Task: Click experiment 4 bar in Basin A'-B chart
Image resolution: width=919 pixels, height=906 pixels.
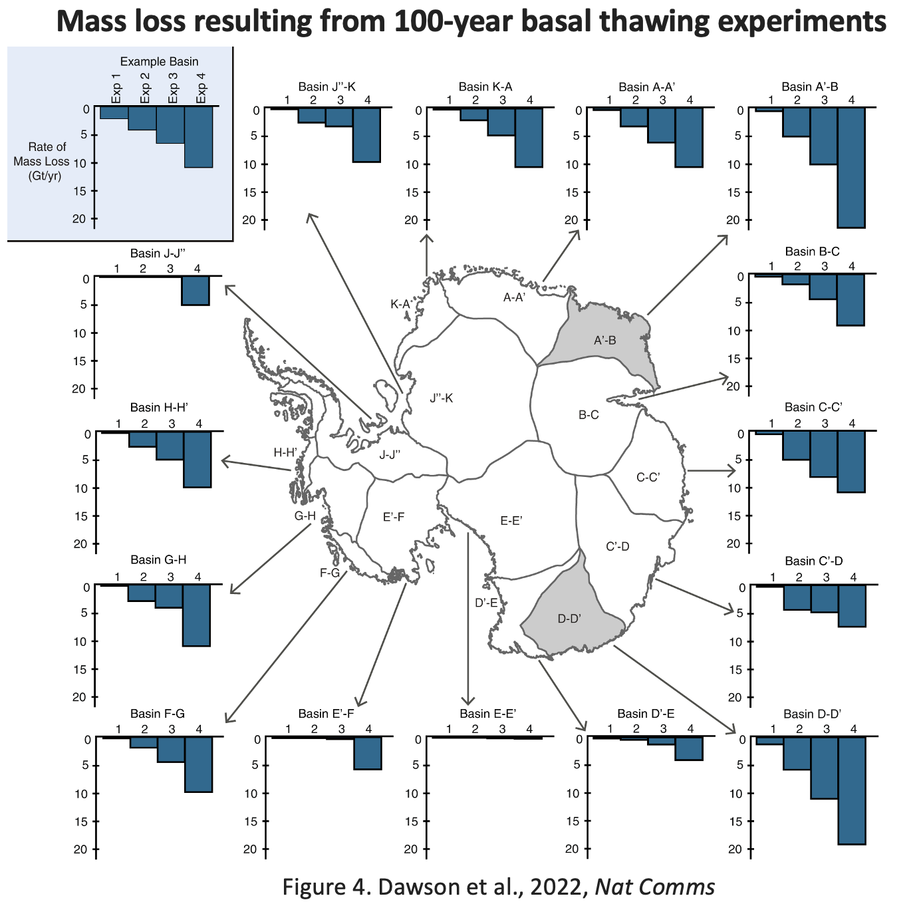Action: (x=851, y=168)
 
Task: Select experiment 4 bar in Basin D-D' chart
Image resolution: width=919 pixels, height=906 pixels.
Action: (x=852, y=790)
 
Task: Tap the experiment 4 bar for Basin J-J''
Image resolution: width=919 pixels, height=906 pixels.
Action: (x=196, y=291)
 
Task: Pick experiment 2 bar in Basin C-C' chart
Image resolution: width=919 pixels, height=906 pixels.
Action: (x=797, y=446)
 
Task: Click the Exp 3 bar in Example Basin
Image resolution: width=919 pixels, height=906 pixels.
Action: (x=170, y=126)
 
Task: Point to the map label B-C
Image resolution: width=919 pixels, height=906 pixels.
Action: (x=589, y=415)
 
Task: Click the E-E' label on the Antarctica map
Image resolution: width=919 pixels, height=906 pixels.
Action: (x=511, y=521)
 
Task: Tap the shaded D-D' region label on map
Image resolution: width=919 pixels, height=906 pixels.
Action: (x=570, y=619)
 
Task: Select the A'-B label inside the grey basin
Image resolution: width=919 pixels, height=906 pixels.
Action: (x=605, y=341)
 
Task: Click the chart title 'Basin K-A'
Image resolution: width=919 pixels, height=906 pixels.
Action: (x=485, y=86)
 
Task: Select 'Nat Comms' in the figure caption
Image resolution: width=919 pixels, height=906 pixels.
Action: (x=654, y=887)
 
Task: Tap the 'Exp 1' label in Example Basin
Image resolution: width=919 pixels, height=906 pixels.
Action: (x=116, y=87)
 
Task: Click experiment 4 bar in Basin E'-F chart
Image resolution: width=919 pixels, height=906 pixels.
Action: (x=368, y=754)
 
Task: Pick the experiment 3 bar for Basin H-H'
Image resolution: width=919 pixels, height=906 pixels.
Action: (x=170, y=446)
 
